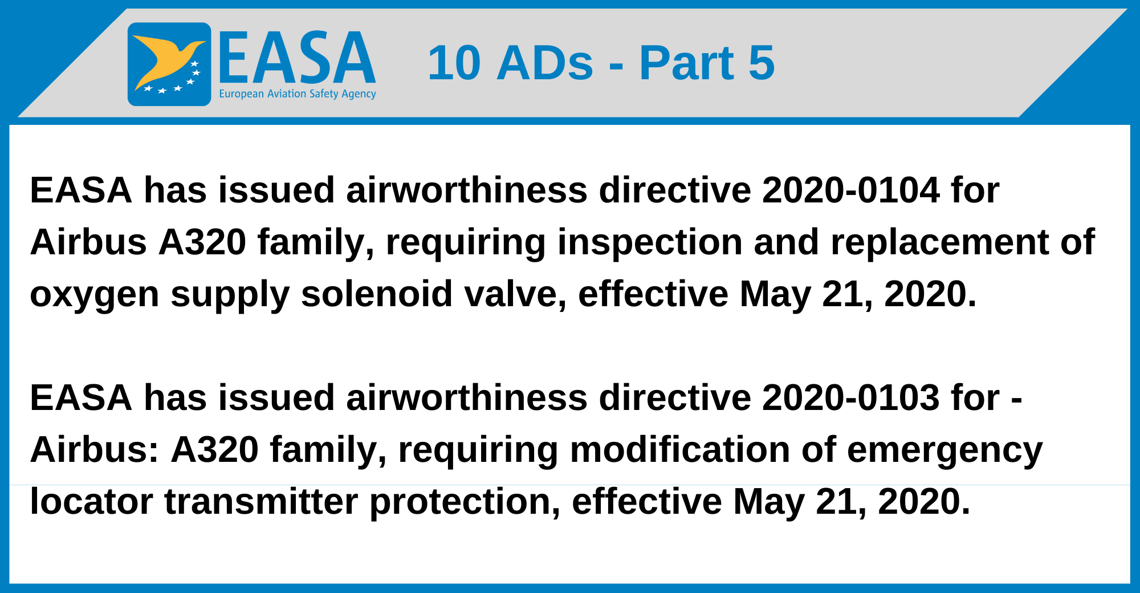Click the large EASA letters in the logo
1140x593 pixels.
click(x=297, y=58)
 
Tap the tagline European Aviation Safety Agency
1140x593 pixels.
click(x=297, y=94)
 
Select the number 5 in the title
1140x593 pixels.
click(x=762, y=63)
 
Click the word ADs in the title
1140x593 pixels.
click(x=545, y=63)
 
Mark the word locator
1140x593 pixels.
click(x=91, y=501)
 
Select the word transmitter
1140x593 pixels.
click(x=261, y=501)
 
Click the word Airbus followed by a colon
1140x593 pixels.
click(x=95, y=449)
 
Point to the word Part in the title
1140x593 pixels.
click(x=686, y=63)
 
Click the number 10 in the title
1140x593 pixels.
click(x=454, y=63)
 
